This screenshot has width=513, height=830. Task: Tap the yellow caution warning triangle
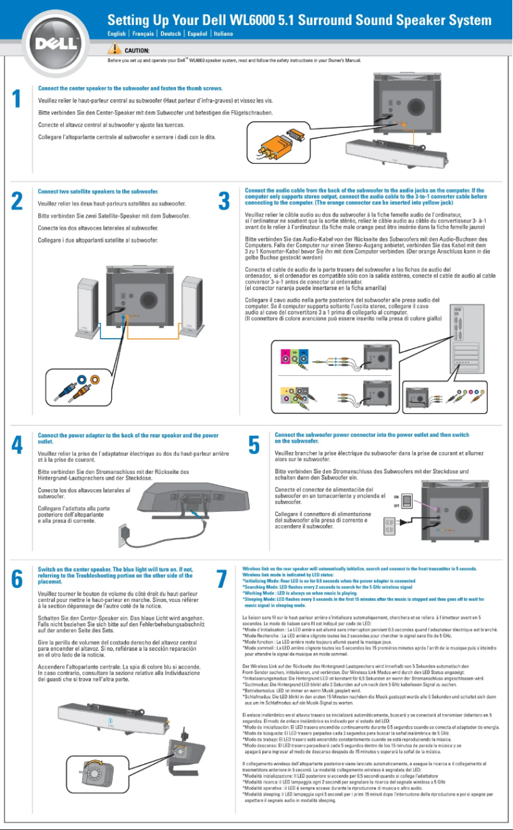click(x=114, y=49)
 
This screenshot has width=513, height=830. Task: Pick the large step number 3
click(x=224, y=200)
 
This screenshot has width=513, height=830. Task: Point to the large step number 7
click(x=223, y=578)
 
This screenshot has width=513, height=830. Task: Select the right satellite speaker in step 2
click(x=191, y=291)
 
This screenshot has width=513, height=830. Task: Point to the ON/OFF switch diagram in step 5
click(x=397, y=501)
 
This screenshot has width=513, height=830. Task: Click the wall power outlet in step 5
click(x=388, y=526)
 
